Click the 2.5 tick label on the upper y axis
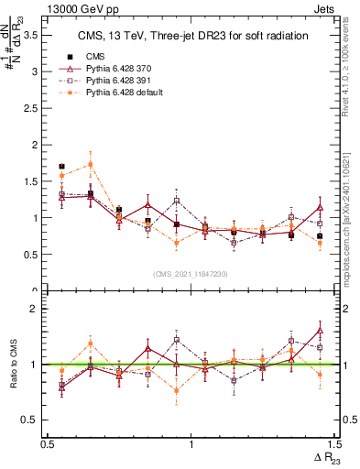[34, 108]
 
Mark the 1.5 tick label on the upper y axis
[34, 181]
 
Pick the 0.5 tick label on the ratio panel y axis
[34, 420]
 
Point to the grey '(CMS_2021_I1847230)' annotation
[191, 274]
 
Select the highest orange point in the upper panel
[90, 165]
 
